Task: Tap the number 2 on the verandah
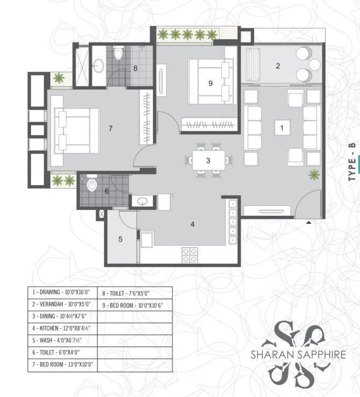coord(278,66)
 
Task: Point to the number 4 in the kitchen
coord(192,224)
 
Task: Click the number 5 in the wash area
coord(120,239)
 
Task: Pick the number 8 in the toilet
coord(135,68)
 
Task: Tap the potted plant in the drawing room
coord(313,174)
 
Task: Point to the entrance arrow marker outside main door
coord(308,222)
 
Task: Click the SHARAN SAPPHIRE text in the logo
coord(292,355)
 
